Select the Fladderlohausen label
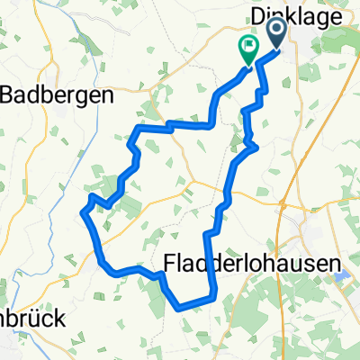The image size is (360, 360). [x=257, y=262]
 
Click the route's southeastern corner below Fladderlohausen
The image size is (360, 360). [x=214, y=295]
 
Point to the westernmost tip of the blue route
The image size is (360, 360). [x=83, y=212]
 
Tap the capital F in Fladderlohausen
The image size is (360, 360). [x=173, y=262]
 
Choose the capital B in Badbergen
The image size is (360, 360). [x=12, y=94]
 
